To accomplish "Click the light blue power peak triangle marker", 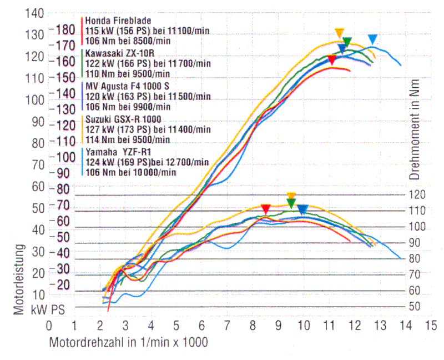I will pos(373,39).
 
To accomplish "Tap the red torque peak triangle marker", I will pos(266,209).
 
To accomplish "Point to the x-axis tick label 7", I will pos(227,325).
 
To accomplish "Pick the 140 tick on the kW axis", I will pos(34,13).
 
